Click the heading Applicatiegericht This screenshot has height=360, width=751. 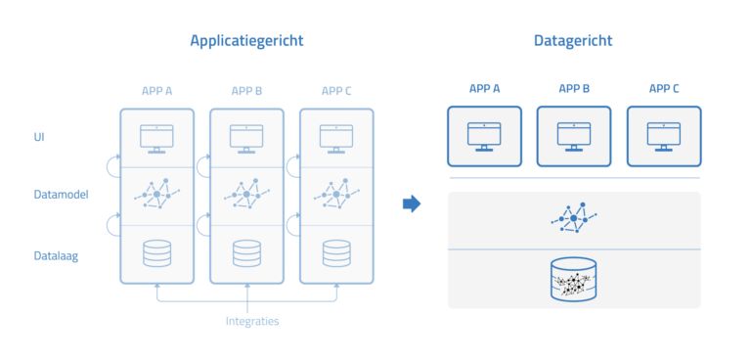point(246,41)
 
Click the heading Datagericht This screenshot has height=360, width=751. point(573,41)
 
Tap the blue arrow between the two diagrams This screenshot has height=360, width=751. point(412,203)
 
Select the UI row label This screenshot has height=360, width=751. point(39,137)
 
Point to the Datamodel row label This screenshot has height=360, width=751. point(62,195)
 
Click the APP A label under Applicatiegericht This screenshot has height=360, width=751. point(156,92)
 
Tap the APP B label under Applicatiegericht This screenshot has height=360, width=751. point(246,92)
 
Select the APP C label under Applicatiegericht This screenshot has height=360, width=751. point(336,92)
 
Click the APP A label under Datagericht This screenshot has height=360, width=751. point(484,89)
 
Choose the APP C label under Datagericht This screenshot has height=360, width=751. point(664,89)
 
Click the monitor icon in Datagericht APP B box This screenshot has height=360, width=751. point(574,136)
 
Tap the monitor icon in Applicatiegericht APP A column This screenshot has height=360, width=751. point(156,138)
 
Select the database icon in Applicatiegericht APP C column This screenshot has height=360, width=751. point(336,253)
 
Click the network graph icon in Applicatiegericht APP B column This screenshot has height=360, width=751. point(246,195)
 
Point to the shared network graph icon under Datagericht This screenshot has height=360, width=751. point(574,218)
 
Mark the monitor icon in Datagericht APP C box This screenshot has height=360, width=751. point(664,136)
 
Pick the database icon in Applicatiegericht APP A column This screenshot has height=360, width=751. point(156,253)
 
